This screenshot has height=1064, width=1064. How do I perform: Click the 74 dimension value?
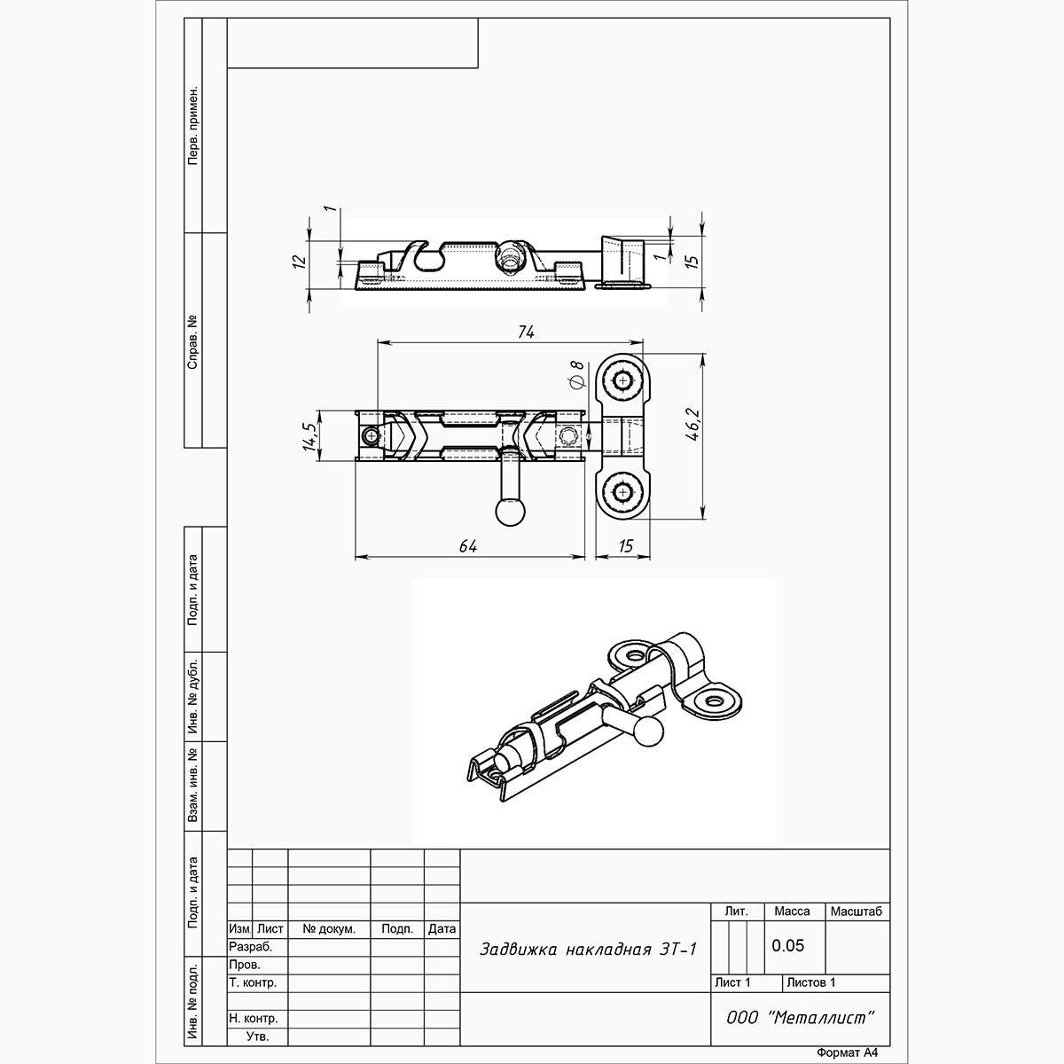[526, 332]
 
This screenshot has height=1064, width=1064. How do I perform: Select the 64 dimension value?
[467, 546]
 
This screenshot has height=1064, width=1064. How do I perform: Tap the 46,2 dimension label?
[692, 425]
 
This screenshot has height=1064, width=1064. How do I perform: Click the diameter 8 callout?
[576, 375]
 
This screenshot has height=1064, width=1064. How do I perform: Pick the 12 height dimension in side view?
[299, 262]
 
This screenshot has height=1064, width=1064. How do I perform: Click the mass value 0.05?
[788, 945]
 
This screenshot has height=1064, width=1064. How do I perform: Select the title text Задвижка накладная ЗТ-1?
[588, 949]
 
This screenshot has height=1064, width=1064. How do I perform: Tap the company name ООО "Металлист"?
[801, 1017]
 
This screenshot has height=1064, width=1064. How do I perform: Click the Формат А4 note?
[847, 1052]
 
